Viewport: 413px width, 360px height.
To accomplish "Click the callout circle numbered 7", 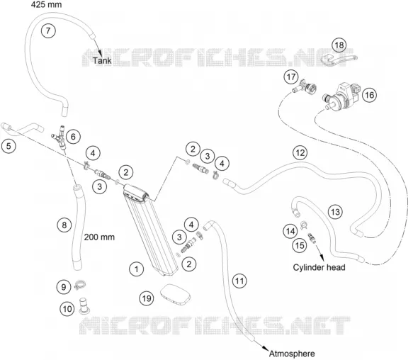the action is pyautogui.click(x=48, y=31).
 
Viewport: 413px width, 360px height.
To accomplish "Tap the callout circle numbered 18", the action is pyautogui.click(x=339, y=45).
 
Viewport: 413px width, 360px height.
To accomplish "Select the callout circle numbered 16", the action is pyautogui.click(x=369, y=95).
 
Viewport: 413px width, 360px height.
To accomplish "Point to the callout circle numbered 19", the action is pyautogui.click(x=147, y=298).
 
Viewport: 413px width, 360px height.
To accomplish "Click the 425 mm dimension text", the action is pyautogui.click(x=46, y=4).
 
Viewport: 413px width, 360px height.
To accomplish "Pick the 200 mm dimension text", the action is pyautogui.click(x=99, y=237).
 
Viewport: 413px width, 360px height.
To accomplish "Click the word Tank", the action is pyautogui.click(x=102, y=61).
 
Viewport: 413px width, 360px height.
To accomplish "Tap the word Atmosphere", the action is pyautogui.click(x=292, y=354).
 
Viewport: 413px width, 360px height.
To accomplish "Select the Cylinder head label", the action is pyautogui.click(x=319, y=267).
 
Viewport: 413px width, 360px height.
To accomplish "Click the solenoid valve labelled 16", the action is pyautogui.click(x=341, y=96).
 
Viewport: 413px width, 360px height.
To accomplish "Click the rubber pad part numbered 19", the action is pyautogui.click(x=176, y=294).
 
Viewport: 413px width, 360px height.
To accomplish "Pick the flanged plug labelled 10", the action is pyautogui.click(x=84, y=305).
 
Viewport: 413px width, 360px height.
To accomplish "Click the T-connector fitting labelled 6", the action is pyautogui.click(x=60, y=137).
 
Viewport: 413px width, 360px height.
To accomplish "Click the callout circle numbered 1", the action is pyautogui.click(x=137, y=269).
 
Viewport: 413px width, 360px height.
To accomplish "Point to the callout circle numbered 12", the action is pyautogui.click(x=300, y=153).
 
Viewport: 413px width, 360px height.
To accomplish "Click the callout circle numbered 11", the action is pyautogui.click(x=239, y=281).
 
